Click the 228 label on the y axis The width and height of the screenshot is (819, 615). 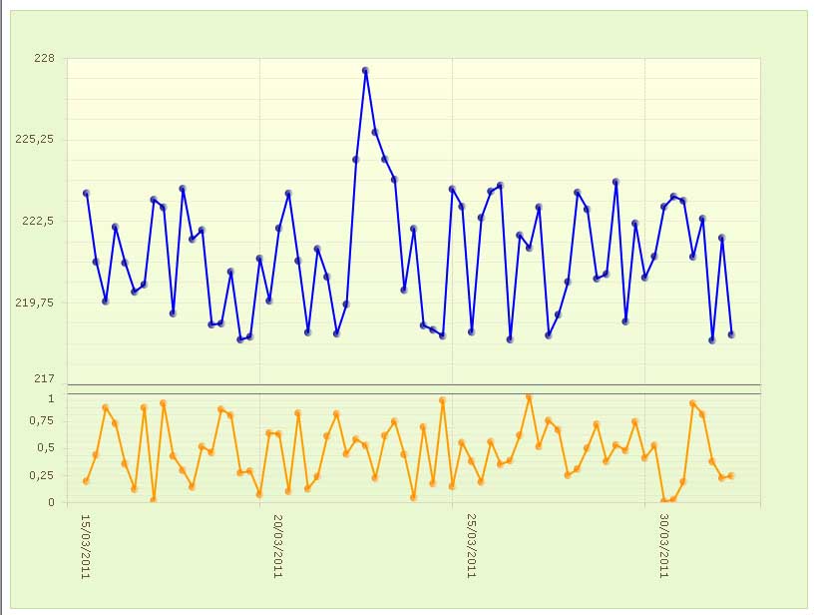coord(45,58)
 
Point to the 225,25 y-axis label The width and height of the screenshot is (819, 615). coord(37,140)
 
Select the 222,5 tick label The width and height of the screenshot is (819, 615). coord(39,221)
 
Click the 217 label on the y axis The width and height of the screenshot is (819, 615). coord(45,378)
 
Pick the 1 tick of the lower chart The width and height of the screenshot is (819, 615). coord(51,398)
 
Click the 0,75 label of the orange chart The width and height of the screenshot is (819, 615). coord(42,421)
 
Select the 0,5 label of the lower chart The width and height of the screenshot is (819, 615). coord(45,448)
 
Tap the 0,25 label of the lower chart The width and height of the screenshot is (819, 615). coord(42,475)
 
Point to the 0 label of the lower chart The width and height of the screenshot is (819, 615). coord(51,502)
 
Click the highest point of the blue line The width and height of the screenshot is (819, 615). coord(366,71)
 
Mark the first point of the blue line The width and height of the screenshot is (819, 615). coord(86,193)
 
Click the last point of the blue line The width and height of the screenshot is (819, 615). coord(731,334)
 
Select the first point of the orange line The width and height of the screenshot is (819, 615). coord(86,481)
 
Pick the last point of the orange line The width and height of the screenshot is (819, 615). coord(731,476)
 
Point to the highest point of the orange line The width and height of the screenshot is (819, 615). coord(529,397)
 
